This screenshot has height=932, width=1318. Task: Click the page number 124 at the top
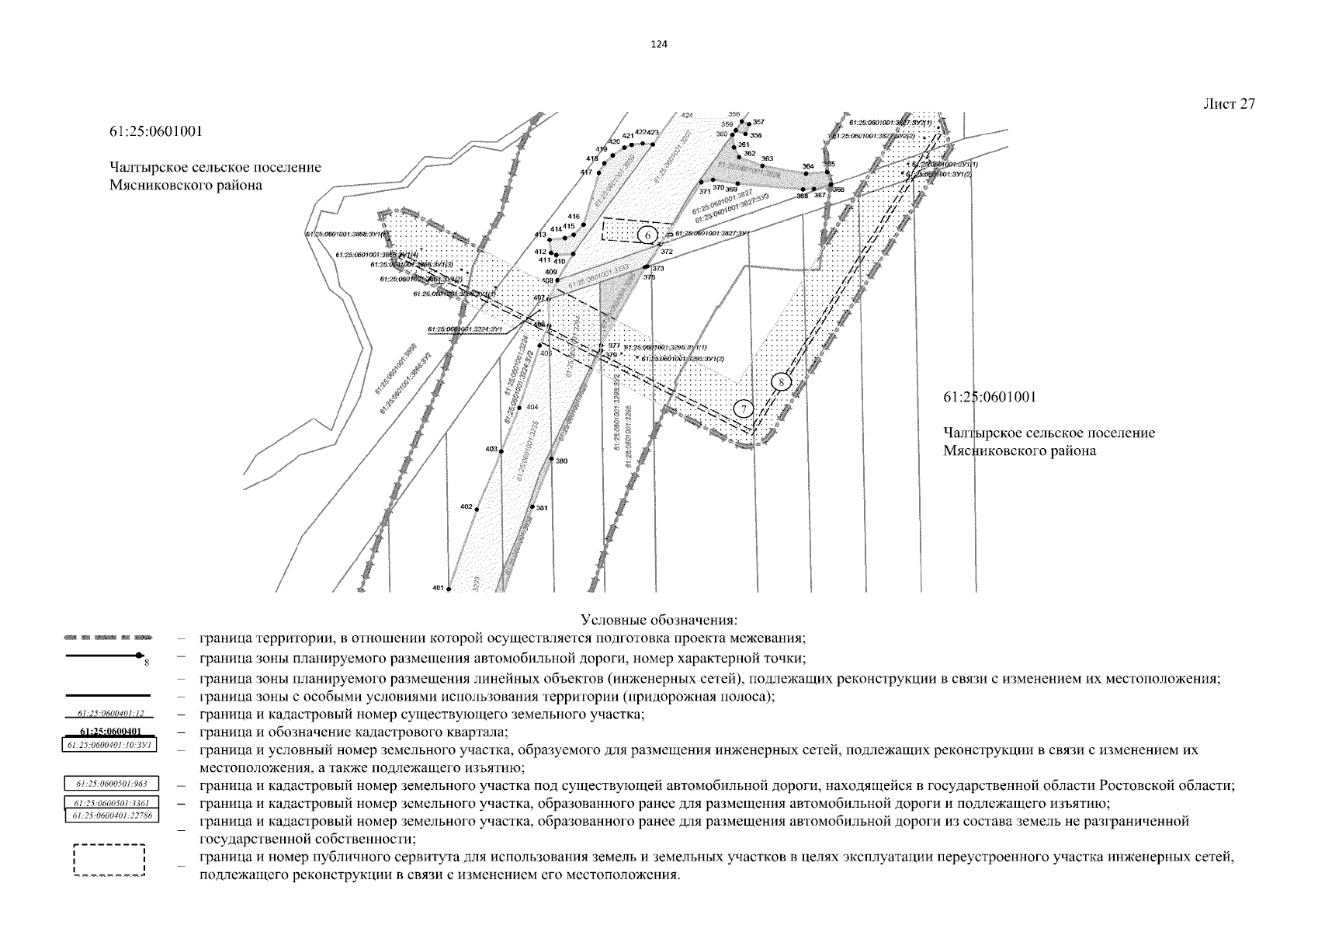658,44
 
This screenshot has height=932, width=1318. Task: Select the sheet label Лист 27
1229,104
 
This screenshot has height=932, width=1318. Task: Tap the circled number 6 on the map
647,234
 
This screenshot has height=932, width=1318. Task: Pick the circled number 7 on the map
743,409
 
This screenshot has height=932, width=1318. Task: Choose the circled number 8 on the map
782,381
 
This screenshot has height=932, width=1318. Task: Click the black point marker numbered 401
448,589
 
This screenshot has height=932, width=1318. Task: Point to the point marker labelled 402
477,509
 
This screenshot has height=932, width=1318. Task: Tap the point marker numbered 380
551,459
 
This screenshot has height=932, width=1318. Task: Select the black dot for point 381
532,507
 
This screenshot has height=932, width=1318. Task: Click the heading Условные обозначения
658,621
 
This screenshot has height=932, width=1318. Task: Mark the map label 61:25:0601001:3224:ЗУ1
467,329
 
